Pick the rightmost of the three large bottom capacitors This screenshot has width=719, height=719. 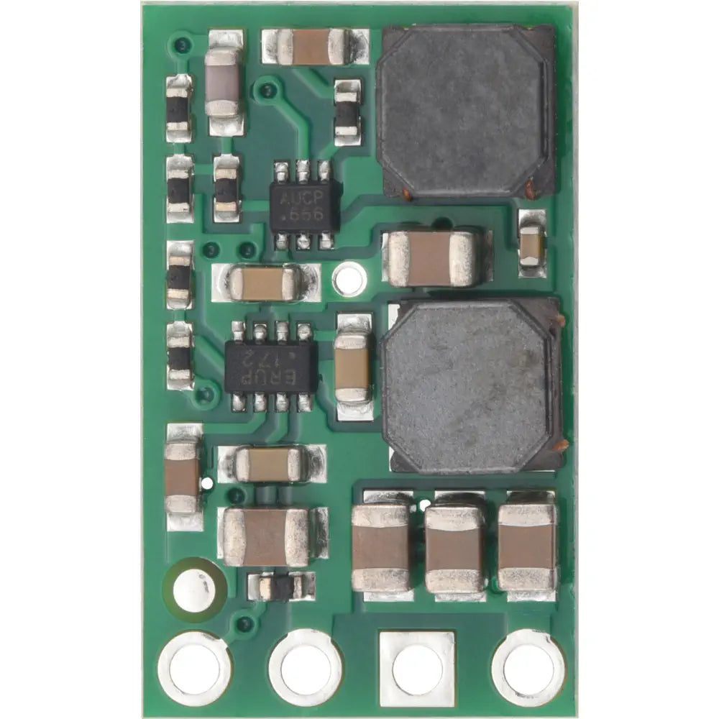coord(528,545)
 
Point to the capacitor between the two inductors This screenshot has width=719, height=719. coord(431,258)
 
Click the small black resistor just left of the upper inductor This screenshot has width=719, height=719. coord(347,111)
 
